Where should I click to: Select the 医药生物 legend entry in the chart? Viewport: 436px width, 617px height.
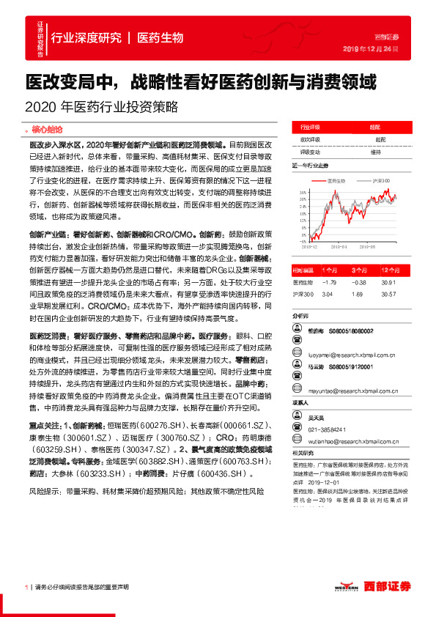pyautogui.click(x=335, y=180)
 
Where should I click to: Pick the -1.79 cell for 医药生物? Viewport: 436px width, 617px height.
pyautogui.click(x=328, y=282)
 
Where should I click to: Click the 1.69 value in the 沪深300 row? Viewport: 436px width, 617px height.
pyautogui.click(x=358, y=294)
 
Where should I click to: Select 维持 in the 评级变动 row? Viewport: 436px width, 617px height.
pyautogui.click(x=376, y=151)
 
